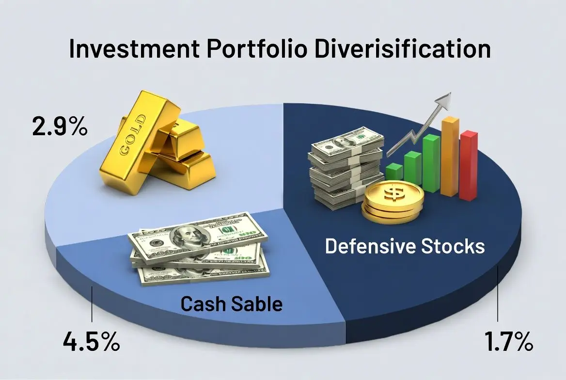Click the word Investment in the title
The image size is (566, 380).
point(134,49)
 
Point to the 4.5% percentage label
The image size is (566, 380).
point(91,341)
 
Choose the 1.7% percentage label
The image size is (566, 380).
point(508,341)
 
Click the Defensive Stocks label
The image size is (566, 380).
point(405,246)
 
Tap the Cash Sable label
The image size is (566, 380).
point(231,304)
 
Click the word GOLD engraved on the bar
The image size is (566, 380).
point(132,135)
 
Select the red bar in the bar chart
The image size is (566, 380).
point(469,165)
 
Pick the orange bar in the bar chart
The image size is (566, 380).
point(450,157)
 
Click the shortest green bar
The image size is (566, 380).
point(394,173)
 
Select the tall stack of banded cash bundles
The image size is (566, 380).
point(346,167)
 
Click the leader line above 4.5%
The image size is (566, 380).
point(92,304)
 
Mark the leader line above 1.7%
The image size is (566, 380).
point(498,294)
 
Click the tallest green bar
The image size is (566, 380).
point(431,163)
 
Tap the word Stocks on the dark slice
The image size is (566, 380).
point(453,246)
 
